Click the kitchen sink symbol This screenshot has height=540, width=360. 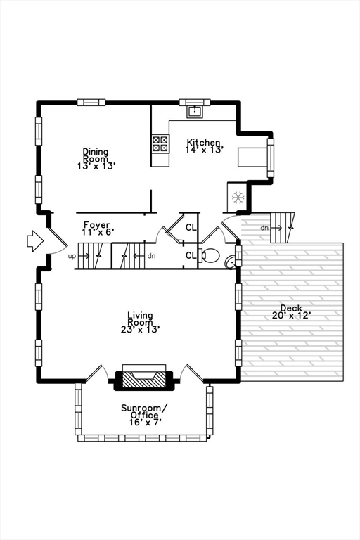point(193,111)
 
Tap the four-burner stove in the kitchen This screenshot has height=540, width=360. point(160,143)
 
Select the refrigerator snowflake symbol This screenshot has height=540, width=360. point(238,197)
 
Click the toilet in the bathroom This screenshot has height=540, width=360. point(210,255)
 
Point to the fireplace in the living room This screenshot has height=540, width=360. point(144,378)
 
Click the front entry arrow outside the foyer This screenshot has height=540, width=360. point(34,242)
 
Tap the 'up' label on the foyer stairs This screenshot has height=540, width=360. point(72,256)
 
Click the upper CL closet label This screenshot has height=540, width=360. point(191,227)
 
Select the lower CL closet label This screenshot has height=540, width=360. point(191,255)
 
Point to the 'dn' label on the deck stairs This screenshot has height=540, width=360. point(264,227)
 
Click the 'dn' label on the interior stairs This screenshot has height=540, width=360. point(151,255)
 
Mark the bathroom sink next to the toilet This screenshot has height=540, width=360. point(231,262)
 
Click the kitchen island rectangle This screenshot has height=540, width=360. point(251,156)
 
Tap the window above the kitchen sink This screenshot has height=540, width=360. point(191,103)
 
